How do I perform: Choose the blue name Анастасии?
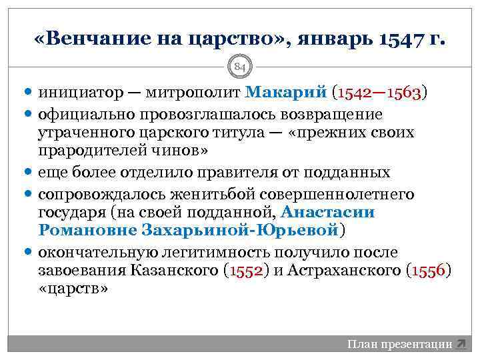328,213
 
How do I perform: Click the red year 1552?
246,271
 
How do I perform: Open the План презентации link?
401,344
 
